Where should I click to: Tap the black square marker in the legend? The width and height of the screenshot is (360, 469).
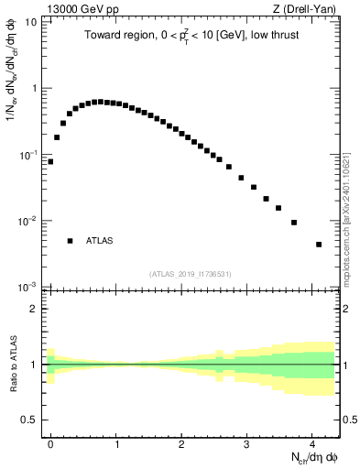[70, 241]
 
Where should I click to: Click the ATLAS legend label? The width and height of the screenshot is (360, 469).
[100, 241]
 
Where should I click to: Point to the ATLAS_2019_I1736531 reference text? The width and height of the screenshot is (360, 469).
[191, 274]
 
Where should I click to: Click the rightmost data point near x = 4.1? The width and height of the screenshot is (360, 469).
[318, 245]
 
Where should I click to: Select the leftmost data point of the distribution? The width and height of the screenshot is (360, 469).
[50, 161]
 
